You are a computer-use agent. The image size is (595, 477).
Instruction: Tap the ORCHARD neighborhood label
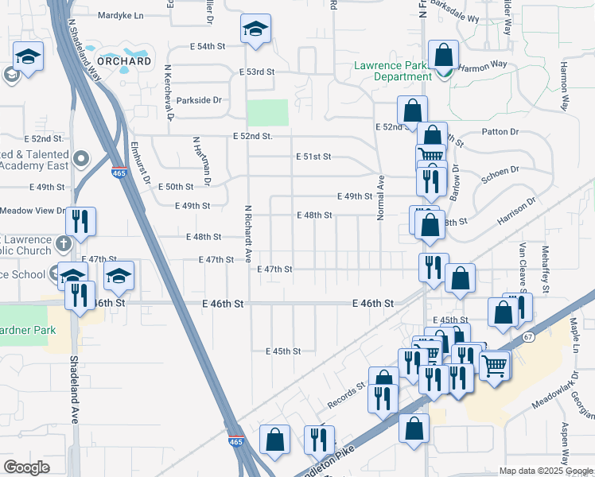click(124, 61)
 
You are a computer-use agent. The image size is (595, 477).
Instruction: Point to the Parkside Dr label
click(199, 100)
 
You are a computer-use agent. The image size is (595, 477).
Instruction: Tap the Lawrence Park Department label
click(394, 72)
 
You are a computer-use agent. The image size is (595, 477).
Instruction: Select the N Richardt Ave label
click(248, 234)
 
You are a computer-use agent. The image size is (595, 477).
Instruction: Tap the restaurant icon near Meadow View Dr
click(80, 220)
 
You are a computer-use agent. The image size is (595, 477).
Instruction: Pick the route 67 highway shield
click(528, 337)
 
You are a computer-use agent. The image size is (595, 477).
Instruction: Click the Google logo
click(26, 467)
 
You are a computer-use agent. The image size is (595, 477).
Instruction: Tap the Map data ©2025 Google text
click(546, 471)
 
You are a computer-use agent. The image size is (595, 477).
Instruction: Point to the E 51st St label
click(313, 157)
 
